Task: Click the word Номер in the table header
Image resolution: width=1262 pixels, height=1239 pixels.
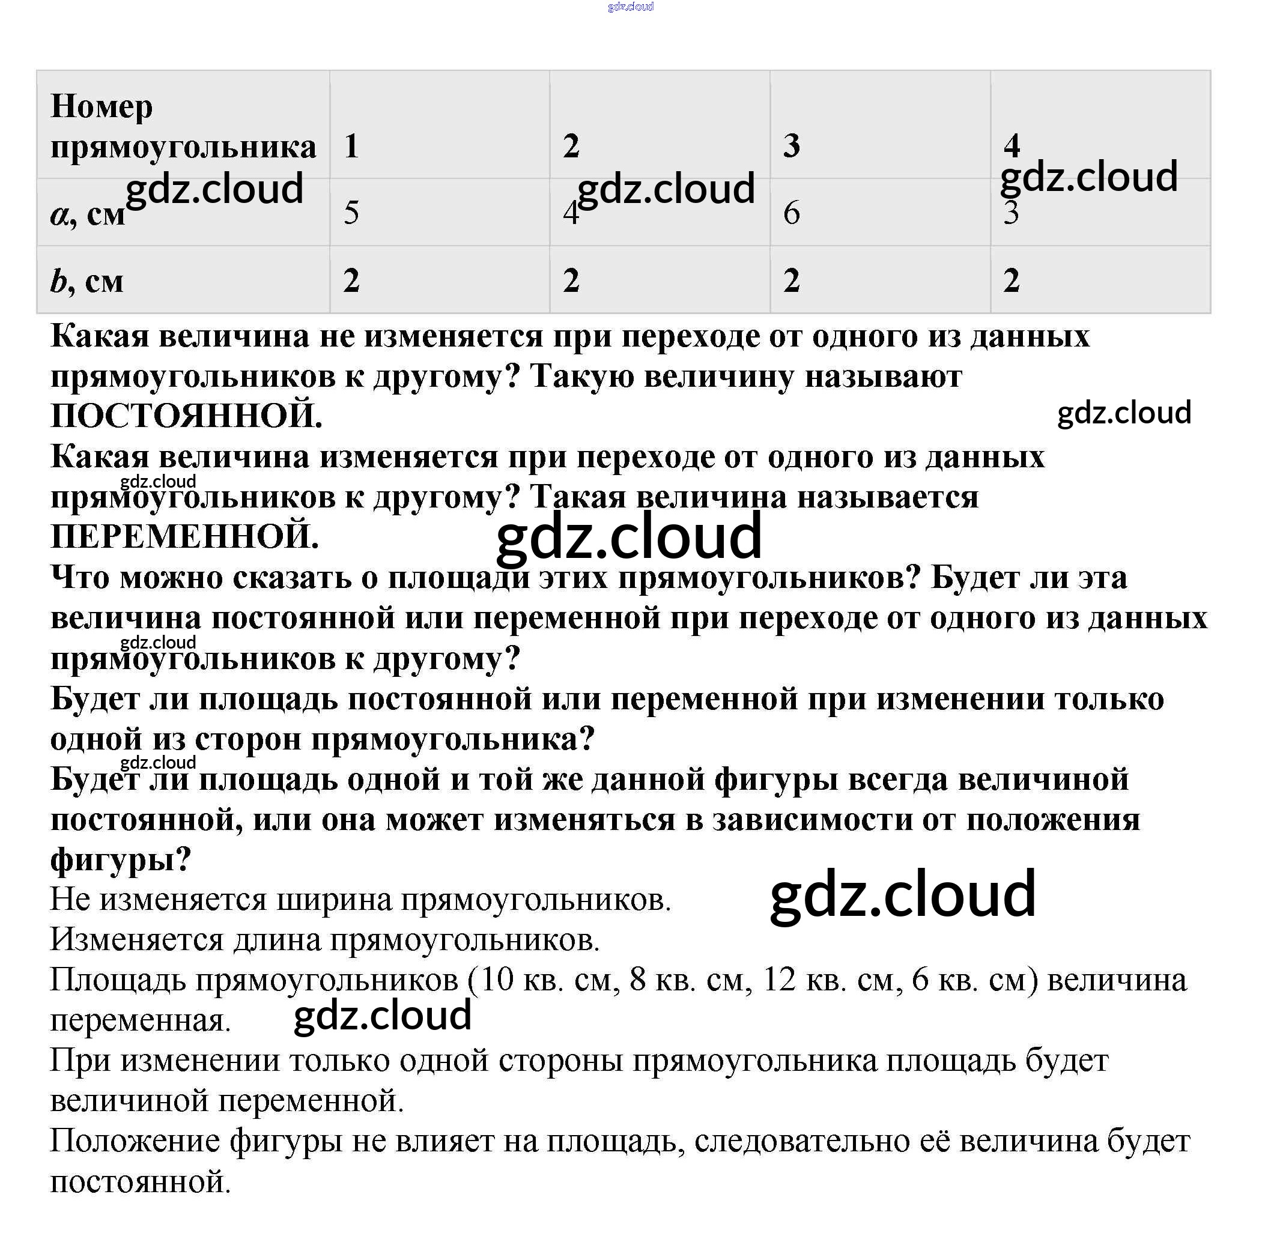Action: [x=102, y=107]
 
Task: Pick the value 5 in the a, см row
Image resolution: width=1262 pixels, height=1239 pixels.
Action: [x=351, y=213]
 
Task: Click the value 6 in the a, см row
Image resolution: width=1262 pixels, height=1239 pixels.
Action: [x=792, y=213]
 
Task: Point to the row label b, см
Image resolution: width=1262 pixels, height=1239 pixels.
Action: [x=86, y=281]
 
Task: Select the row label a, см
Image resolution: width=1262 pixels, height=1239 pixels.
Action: [x=87, y=213]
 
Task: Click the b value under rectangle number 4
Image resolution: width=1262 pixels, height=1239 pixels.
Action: [x=1012, y=280]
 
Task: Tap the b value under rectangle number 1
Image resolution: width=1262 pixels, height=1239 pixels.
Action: [x=351, y=280]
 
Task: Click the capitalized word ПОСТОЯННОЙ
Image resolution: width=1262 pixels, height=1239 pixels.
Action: [x=186, y=416]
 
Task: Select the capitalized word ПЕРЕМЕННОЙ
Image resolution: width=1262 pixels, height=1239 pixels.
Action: [x=185, y=537]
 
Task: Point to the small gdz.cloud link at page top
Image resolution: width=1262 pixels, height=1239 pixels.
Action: [x=630, y=7]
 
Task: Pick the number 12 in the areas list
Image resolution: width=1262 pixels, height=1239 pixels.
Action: [x=779, y=980]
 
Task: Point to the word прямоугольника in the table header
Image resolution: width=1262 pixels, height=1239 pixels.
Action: [x=184, y=147]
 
